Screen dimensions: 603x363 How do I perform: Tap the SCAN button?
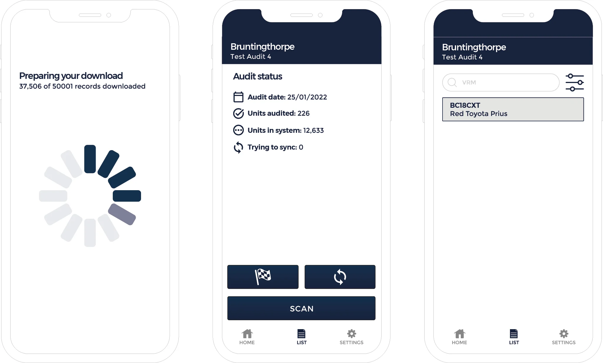[301, 308]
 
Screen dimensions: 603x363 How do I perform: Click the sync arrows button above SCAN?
[340, 277]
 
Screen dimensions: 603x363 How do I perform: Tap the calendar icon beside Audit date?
[238, 97]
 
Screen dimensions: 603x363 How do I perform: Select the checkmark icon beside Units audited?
[238, 113]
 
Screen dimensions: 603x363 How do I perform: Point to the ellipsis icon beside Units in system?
[238, 130]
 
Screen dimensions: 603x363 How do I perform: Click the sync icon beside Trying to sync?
[238, 147]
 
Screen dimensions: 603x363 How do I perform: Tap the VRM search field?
[501, 82]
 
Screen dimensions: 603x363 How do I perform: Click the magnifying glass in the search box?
[452, 82]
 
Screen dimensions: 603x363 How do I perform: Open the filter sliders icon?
[574, 82]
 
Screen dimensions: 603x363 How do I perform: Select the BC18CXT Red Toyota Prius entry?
[513, 109]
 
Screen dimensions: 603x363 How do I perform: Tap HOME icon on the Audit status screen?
[247, 334]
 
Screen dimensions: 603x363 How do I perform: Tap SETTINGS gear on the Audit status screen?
[352, 334]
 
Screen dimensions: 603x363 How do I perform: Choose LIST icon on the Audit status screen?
[301, 334]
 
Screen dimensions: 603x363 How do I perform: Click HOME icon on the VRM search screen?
[460, 334]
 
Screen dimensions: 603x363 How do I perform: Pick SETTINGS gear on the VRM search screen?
[564, 334]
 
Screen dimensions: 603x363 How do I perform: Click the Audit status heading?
[258, 77]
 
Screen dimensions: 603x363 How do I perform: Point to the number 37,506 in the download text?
[30, 86]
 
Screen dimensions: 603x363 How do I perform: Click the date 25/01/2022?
[307, 97]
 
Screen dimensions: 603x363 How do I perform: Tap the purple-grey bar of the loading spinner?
[122, 214]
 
